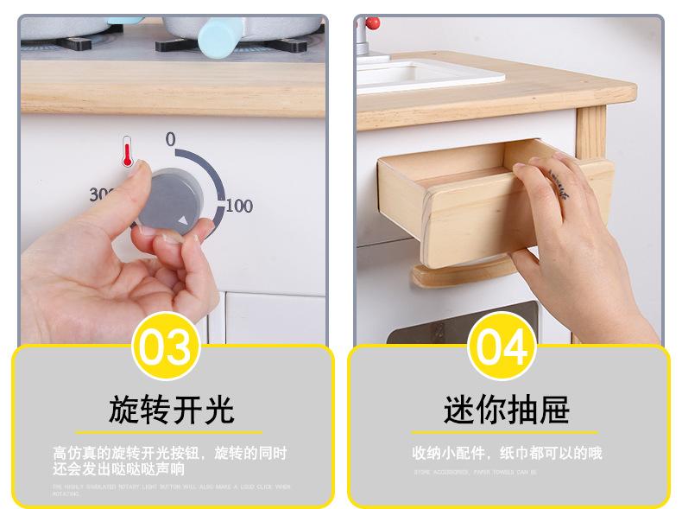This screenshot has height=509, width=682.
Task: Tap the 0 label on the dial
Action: (170, 139)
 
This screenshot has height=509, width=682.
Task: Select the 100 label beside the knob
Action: (239, 206)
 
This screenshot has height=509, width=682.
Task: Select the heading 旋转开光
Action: (171, 410)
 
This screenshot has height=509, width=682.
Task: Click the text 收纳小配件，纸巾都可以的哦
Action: (507, 453)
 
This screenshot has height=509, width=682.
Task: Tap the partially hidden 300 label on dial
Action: (100, 195)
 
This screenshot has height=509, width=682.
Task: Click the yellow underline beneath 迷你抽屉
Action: (504, 432)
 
